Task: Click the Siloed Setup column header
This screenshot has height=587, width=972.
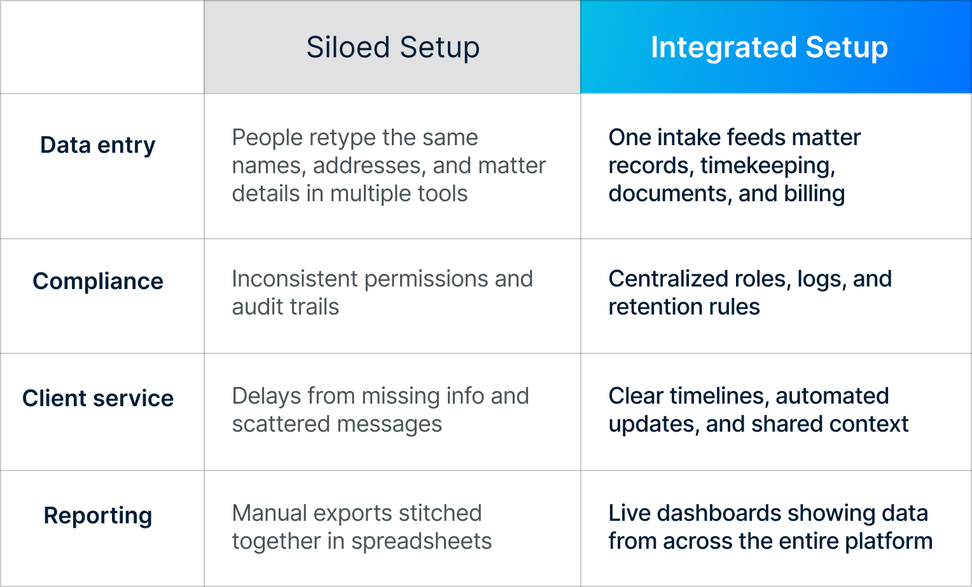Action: pyautogui.click(x=392, y=48)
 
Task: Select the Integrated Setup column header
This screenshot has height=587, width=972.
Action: pyautogui.click(x=769, y=48)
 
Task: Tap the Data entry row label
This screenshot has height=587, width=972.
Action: pyautogui.click(x=98, y=145)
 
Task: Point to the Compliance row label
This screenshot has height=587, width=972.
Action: pyautogui.click(x=98, y=281)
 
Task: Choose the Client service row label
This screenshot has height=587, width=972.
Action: pyautogui.click(x=98, y=399)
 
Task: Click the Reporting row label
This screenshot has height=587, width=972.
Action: pyautogui.click(x=98, y=516)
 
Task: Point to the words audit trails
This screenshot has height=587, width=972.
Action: pyautogui.click(x=286, y=307)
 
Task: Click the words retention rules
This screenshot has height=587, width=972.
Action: pyautogui.click(x=684, y=307)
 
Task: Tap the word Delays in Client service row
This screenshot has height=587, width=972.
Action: pyautogui.click(x=266, y=396)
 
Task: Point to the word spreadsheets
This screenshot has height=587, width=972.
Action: pyautogui.click(x=421, y=541)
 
